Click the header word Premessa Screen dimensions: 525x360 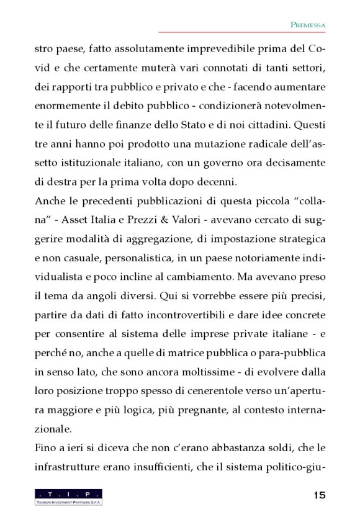pyautogui.click(x=308, y=24)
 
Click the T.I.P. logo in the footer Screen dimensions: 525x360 pyautogui.click(x=69, y=496)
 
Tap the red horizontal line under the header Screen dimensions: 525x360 pyautogui.click(x=243, y=32)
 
